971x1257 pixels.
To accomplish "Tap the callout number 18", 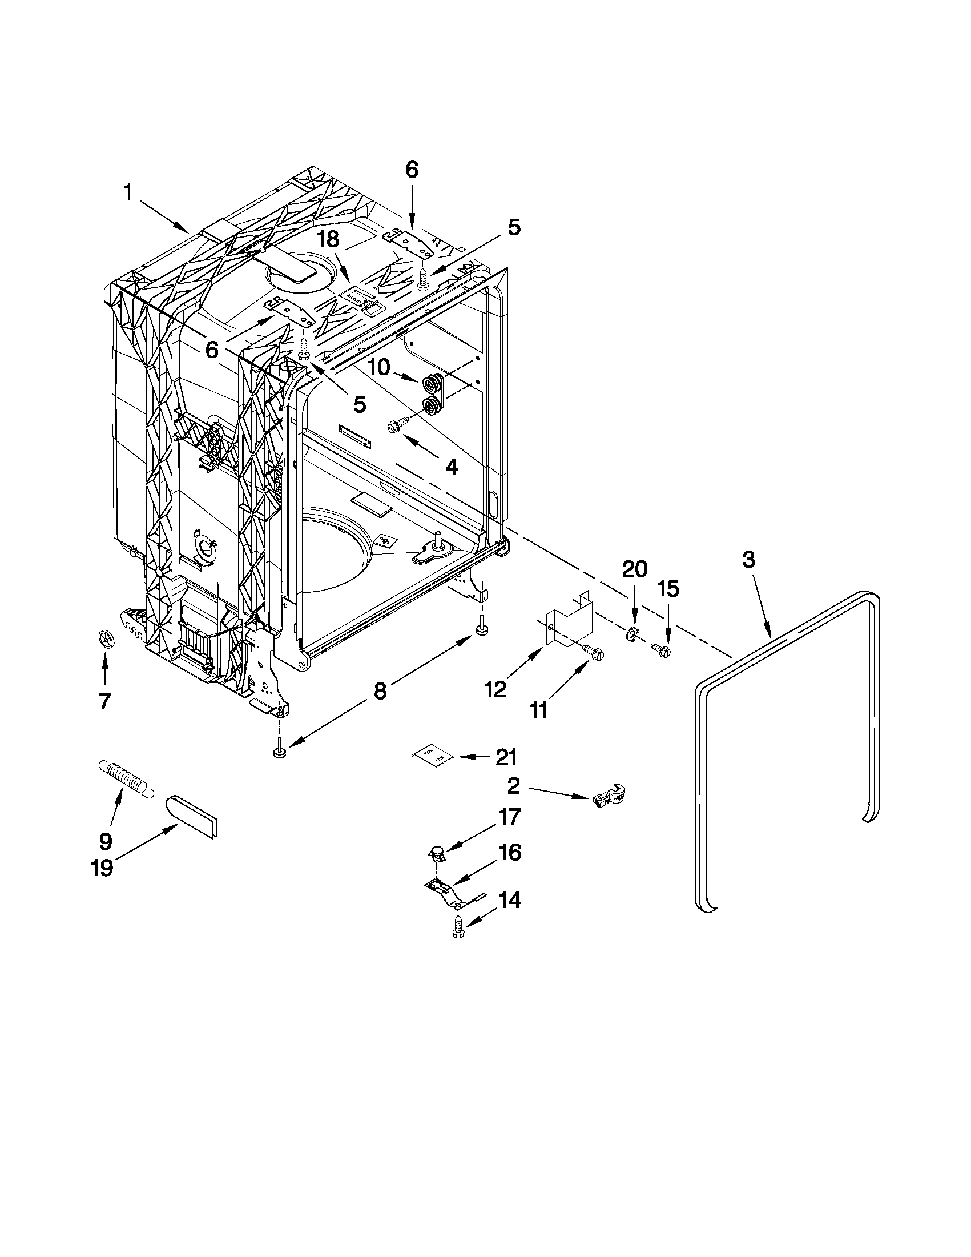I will [329, 239].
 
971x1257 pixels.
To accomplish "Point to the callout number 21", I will [506, 757].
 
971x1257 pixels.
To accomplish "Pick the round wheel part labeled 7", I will [103, 639].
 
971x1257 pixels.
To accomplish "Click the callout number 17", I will [510, 817].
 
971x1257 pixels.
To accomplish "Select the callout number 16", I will [510, 853].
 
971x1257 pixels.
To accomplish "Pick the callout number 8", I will [380, 690].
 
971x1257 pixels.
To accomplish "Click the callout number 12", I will [495, 689].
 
